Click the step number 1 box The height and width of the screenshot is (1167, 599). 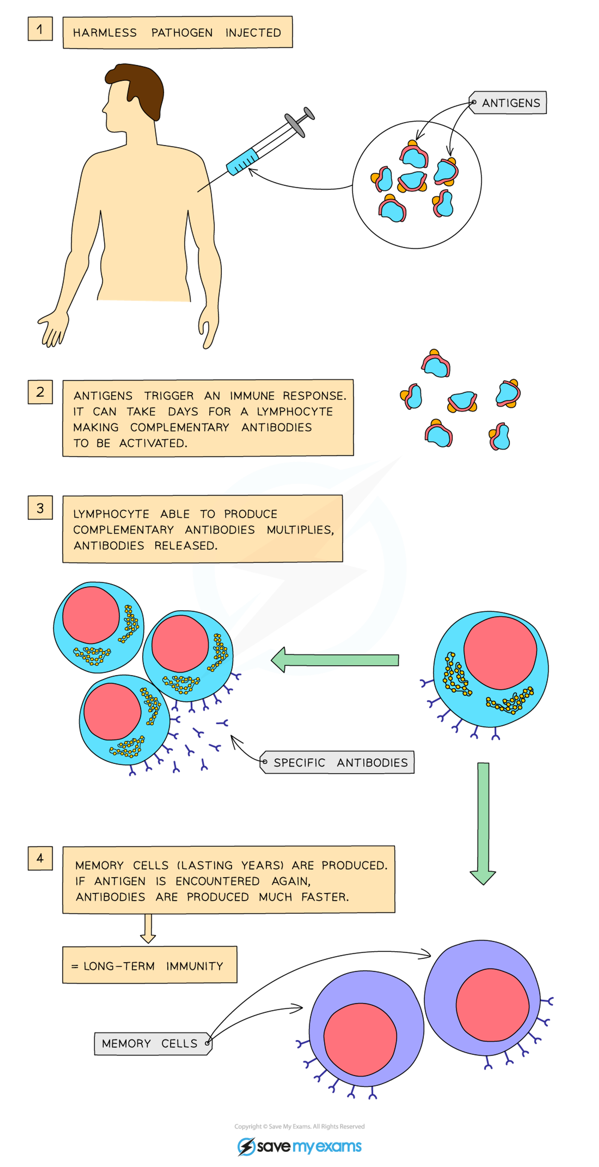(40, 29)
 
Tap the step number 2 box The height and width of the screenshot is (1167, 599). (40, 392)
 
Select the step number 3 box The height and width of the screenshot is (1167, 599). (40, 508)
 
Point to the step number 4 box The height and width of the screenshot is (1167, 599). (40, 858)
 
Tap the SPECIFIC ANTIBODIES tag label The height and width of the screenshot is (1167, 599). (338, 763)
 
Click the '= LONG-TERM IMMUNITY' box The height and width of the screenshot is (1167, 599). (149, 966)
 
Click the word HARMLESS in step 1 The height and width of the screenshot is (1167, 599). (105, 33)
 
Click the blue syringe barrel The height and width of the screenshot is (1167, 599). (242, 162)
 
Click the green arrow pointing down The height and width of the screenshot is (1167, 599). (483, 822)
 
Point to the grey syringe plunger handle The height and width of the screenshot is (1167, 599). (299, 121)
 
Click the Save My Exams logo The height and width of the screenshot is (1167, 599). (299, 1146)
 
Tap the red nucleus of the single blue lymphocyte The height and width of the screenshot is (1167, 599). (500, 652)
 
